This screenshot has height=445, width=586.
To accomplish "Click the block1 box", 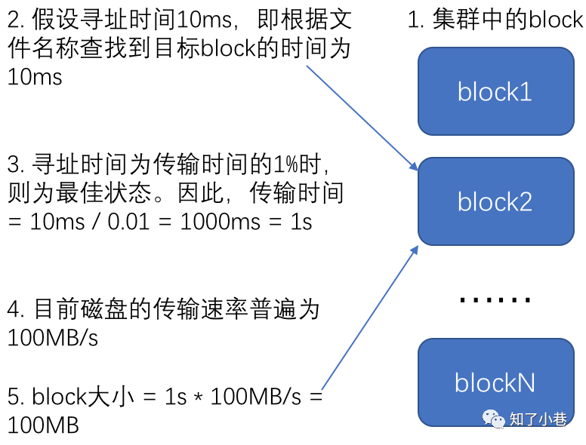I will (495, 91).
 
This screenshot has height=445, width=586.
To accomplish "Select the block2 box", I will (495, 201).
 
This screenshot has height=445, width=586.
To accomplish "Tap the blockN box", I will (495, 382).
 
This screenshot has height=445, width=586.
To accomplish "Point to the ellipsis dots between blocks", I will (495, 300).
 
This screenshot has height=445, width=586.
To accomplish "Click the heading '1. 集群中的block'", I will (495, 20).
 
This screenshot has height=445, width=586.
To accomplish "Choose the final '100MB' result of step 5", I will (43, 425).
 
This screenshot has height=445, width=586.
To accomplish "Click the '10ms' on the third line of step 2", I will (35, 77).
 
